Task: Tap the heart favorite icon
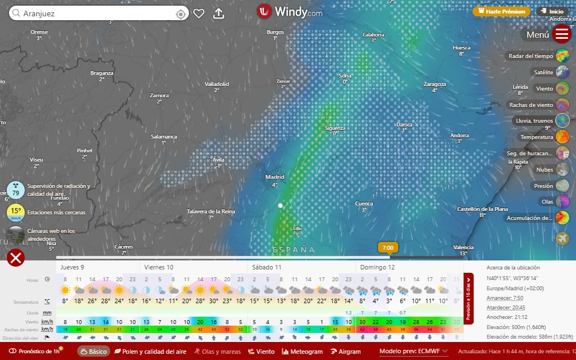click(199, 13)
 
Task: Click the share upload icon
click(219, 13)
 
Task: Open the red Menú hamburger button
click(562, 34)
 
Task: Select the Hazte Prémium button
click(501, 11)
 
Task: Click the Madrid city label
click(275, 177)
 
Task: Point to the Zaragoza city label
click(434, 84)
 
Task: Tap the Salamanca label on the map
click(164, 137)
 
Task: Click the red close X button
click(16, 258)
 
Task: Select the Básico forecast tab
click(93, 352)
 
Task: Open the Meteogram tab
click(302, 352)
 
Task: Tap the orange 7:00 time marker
click(388, 247)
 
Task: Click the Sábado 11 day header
click(267, 267)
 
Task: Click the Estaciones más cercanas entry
click(56, 213)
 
